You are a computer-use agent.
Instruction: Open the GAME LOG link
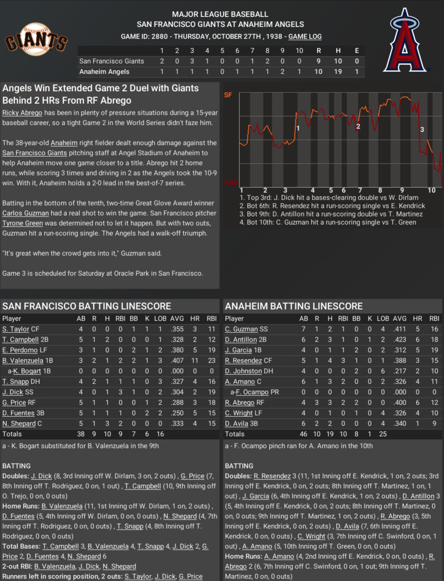click(x=305, y=37)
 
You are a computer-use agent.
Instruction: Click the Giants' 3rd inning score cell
click(x=192, y=61)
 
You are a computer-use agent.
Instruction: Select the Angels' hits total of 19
click(x=338, y=72)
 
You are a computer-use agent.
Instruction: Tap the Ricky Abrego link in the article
click(x=22, y=113)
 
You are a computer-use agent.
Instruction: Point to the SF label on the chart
click(x=228, y=95)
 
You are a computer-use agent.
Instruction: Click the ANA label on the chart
click(x=231, y=183)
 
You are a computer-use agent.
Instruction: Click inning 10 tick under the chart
click(x=431, y=190)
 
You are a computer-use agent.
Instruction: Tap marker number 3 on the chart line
click(x=422, y=129)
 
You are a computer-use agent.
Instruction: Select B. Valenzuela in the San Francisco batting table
click(x=23, y=360)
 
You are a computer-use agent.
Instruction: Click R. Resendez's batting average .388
click(x=399, y=360)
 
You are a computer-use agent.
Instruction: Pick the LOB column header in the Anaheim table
click(x=383, y=318)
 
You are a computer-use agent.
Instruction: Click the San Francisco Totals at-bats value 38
click(x=81, y=434)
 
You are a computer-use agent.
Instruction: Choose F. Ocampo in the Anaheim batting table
click(x=252, y=392)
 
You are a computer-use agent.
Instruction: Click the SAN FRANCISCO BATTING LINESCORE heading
click(x=87, y=306)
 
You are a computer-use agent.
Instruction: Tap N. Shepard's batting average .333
click(x=177, y=423)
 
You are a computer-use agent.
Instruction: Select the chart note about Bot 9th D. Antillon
click(x=331, y=214)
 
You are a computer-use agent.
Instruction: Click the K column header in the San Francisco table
click(x=147, y=318)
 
